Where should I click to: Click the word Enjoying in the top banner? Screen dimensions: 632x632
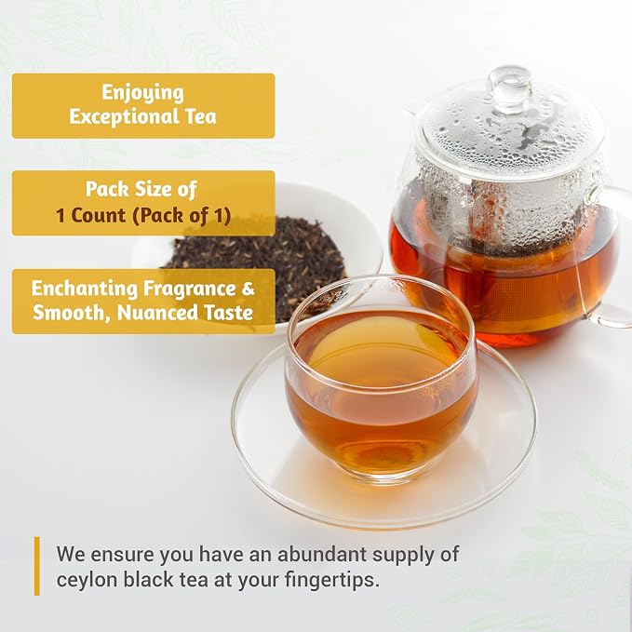click(142, 93)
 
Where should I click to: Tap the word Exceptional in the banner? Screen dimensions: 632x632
click(116, 116)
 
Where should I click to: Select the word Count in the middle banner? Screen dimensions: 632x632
click(99, 215)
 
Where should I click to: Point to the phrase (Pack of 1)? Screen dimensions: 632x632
click(182, 216)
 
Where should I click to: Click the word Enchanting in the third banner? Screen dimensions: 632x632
click(85, 289)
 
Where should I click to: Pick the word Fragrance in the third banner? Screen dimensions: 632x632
click(190, 289)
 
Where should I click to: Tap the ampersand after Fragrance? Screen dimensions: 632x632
click(249, 289)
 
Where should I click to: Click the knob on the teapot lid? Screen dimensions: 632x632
click(509, 87)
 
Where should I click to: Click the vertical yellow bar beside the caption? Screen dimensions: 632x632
click(37, 566)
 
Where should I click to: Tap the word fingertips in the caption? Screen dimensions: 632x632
click(331, 581)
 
